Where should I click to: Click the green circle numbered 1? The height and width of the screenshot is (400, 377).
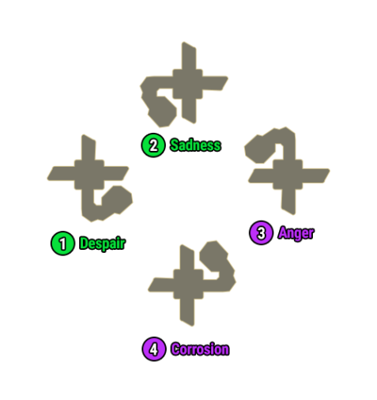[62, 243]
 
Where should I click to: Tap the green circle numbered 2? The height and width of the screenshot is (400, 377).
[153, 145]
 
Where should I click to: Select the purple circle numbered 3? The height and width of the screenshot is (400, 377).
[261, 232]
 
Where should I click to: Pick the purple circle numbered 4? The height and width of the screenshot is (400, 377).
[154, 349]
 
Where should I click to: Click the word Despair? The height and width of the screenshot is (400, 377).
[102, 243]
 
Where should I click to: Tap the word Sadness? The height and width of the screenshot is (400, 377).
[195, 145]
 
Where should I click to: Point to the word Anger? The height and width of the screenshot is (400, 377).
[296, 233]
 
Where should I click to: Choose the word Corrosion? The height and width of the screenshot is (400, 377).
[200, 349]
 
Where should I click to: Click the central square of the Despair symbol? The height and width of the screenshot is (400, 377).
[89, 175]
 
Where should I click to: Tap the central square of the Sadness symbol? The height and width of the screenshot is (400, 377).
[187, 84]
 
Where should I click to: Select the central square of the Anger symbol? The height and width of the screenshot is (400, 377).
[288, 175]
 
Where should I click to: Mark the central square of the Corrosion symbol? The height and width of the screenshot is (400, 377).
[188, 284]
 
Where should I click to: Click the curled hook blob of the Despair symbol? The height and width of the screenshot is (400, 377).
[117, 200]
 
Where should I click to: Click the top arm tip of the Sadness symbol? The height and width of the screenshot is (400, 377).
[188, 45]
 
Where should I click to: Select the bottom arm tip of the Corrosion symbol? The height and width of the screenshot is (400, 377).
[187, 323]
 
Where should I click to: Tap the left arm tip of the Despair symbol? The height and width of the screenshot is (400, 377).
[51, 175]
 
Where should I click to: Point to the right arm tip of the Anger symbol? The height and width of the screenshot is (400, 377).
[326, 173]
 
